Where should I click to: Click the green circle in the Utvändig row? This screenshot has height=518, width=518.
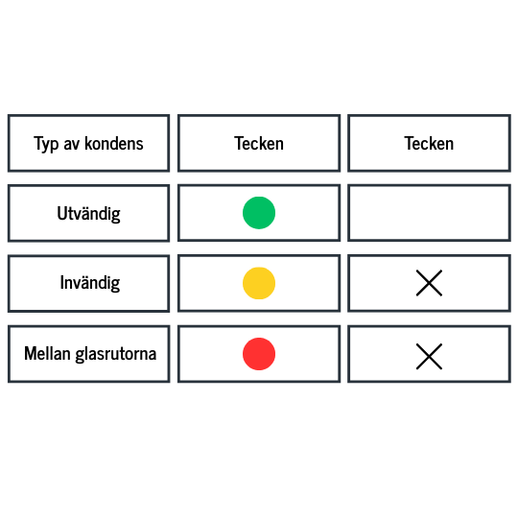[259, 213]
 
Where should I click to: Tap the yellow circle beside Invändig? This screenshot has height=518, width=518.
[259, 283]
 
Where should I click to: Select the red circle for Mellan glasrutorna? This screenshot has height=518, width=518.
[259, 354]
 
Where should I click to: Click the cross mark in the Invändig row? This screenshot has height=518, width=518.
[429, 283]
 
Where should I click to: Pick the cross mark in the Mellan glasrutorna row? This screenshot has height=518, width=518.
[429, 357]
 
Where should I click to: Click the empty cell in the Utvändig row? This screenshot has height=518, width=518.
[429, 213]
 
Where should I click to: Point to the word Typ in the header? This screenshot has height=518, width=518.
[46, 144]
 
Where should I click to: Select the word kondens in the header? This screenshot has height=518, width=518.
[114, 143]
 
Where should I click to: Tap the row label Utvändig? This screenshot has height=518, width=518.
[88, 214]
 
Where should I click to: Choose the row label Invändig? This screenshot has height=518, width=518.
[90, 283]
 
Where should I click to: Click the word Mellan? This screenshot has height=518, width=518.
[47, 353]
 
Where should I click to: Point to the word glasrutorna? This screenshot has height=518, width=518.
[116, 354]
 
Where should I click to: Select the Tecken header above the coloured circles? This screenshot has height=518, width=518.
[259, 143]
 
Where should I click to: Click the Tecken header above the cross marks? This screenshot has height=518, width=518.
[429, 143]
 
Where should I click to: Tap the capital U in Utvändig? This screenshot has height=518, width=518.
[61, 213]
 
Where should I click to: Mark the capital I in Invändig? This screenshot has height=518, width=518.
[61, 283]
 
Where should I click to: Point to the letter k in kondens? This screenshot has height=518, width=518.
[88, 143]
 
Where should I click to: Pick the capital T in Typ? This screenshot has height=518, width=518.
[38, 143]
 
